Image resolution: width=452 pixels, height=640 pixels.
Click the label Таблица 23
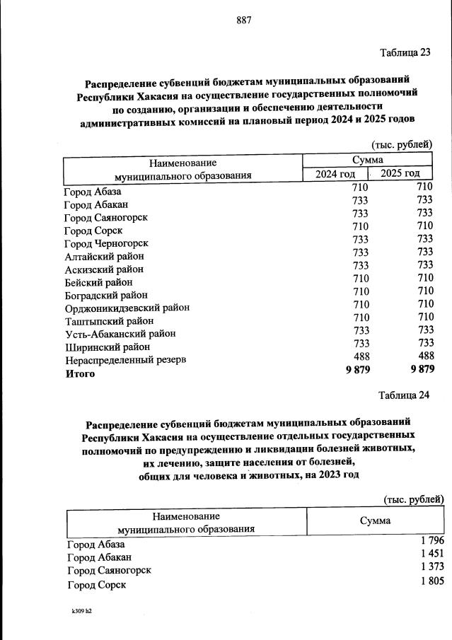405,53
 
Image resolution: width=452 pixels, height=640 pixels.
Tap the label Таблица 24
404,395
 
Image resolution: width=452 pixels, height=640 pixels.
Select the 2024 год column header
330,174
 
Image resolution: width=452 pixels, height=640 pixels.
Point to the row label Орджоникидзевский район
127,308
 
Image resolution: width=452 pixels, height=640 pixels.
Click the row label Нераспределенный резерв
125,359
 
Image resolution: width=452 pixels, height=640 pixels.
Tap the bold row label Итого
80,373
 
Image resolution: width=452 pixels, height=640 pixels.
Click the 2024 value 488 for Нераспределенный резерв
361,357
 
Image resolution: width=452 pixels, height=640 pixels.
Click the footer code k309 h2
81,610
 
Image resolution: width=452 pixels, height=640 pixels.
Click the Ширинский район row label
108,347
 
